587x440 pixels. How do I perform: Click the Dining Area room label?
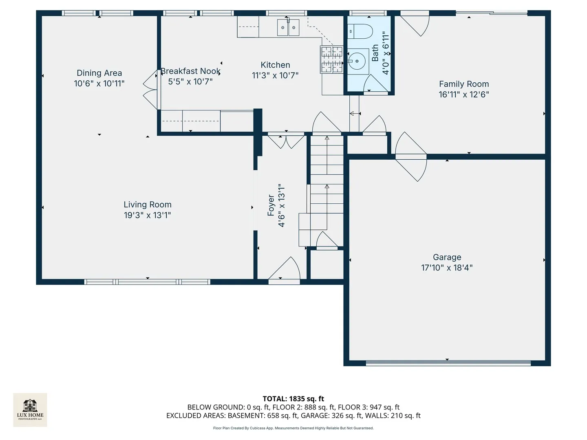[x=99, y=73]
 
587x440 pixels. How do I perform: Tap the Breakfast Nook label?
[x=190, y=71]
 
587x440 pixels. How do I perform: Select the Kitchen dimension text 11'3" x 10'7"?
[x=275, y=76]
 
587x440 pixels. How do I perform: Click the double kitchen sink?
[x=288, y=27]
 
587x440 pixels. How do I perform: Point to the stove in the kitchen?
[x=331, y=59]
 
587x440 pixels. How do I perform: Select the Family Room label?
[x=464, y=84]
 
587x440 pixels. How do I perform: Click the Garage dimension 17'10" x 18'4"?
[x=447, y=268]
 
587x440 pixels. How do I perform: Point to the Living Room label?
[x=147, y=205]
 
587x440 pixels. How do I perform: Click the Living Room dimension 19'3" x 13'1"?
[x=147, y=215]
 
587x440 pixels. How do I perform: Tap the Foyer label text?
[x=271, y=205]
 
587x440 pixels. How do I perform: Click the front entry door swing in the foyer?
[x=284, y=268]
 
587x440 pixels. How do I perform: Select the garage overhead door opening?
[x=448, y=363]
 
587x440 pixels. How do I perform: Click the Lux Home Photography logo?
[x=30, y=409]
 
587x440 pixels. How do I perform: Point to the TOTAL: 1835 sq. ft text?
[x=293, y=399]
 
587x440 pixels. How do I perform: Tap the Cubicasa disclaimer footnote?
[x=293, y=428]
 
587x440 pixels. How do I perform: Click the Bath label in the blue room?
[x=375, y=53]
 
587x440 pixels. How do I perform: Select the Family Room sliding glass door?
[x=492, y=13]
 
